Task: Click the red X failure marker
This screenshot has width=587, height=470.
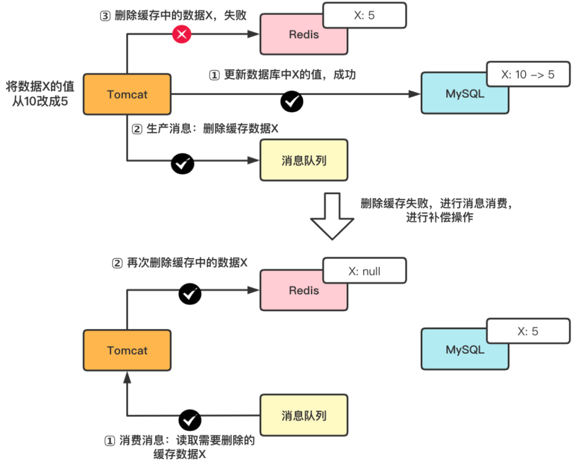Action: coord(182,34)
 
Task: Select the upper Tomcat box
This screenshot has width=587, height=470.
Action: coord(127,94)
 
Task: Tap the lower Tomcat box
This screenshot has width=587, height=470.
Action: coord(127,350)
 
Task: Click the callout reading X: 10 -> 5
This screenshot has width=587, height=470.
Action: coord(528,74)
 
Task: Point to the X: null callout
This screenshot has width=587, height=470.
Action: coord(364,271)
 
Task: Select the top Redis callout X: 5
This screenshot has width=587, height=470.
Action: coord(364,15)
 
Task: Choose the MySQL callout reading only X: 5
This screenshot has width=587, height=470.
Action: coord(528,331)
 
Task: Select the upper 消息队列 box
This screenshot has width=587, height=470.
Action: coord(304,160)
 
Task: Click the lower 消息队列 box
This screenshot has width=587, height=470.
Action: coord(304,416)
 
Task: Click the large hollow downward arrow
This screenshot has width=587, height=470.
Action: coord(332,216)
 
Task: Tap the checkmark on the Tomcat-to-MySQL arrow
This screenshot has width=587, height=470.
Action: coord(291,101)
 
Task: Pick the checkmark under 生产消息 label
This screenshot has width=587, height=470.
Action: coord(182,163)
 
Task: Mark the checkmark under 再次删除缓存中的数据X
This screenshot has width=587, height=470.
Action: coord(190,294)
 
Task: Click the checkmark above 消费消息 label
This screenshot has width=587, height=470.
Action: coord(190,419)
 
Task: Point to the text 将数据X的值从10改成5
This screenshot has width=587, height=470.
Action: coord(40,93)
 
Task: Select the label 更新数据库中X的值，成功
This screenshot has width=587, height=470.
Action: coord(282,75)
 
